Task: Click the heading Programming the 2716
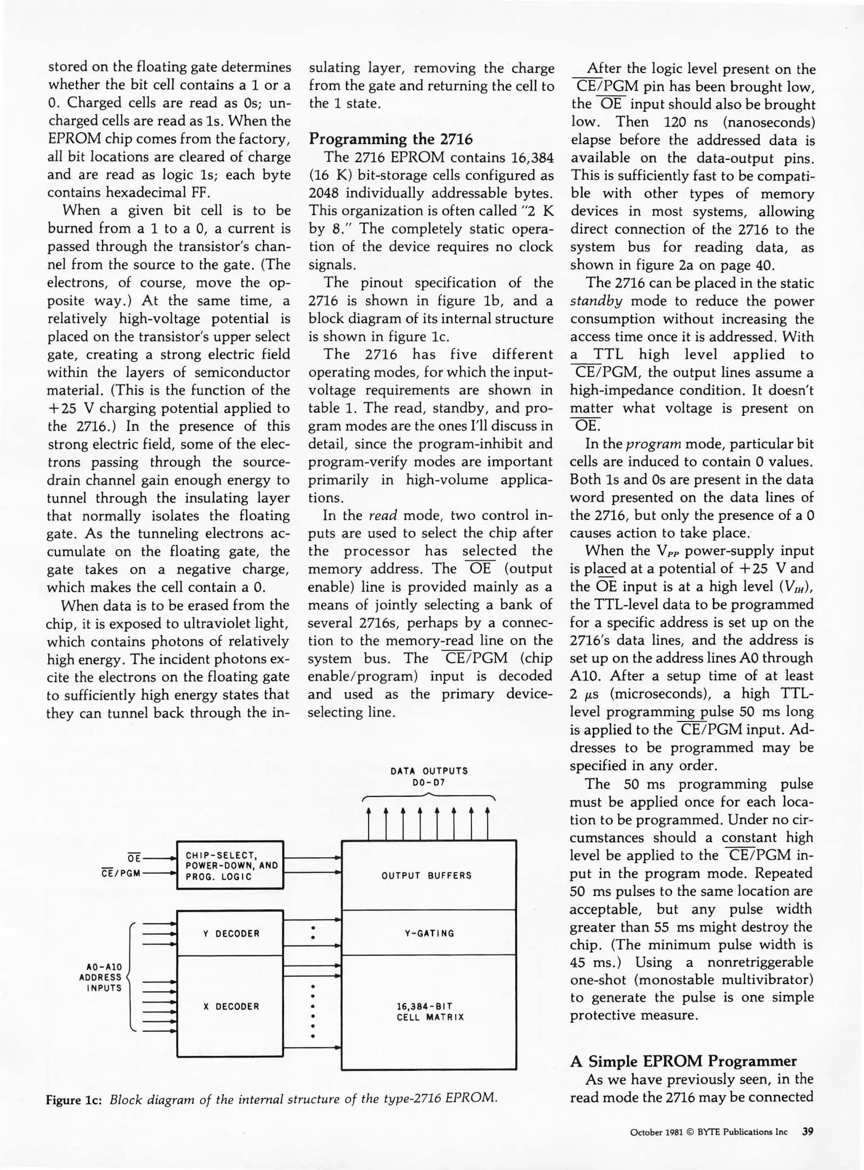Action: click(390, 139)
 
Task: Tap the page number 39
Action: click(808, 1132)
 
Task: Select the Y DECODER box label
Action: click(231, 933)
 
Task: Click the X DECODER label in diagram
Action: click(231, 1006)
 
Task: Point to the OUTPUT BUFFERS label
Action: click(426, 875)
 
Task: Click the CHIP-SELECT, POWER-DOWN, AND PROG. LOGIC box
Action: click(231, 866)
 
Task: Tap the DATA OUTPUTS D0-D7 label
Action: click(429, 776)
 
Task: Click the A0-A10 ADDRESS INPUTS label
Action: click(101, 977)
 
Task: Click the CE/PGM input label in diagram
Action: click(121, 873)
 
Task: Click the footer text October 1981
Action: click(656, 1132)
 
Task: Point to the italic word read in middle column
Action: click(383, 516)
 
